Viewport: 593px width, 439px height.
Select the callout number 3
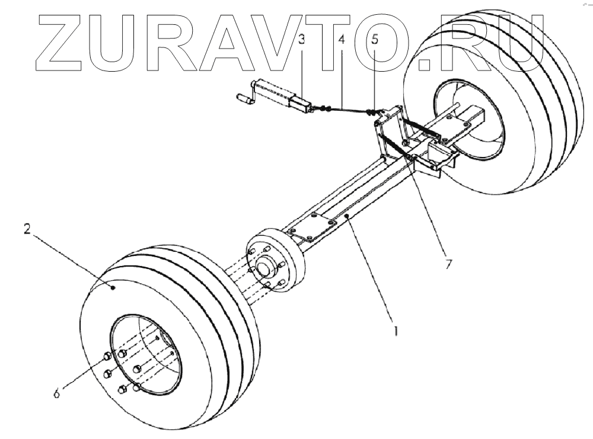pos(302,40)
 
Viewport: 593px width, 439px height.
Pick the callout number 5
pos(375,40)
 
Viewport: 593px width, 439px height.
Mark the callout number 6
pos(57,392)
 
